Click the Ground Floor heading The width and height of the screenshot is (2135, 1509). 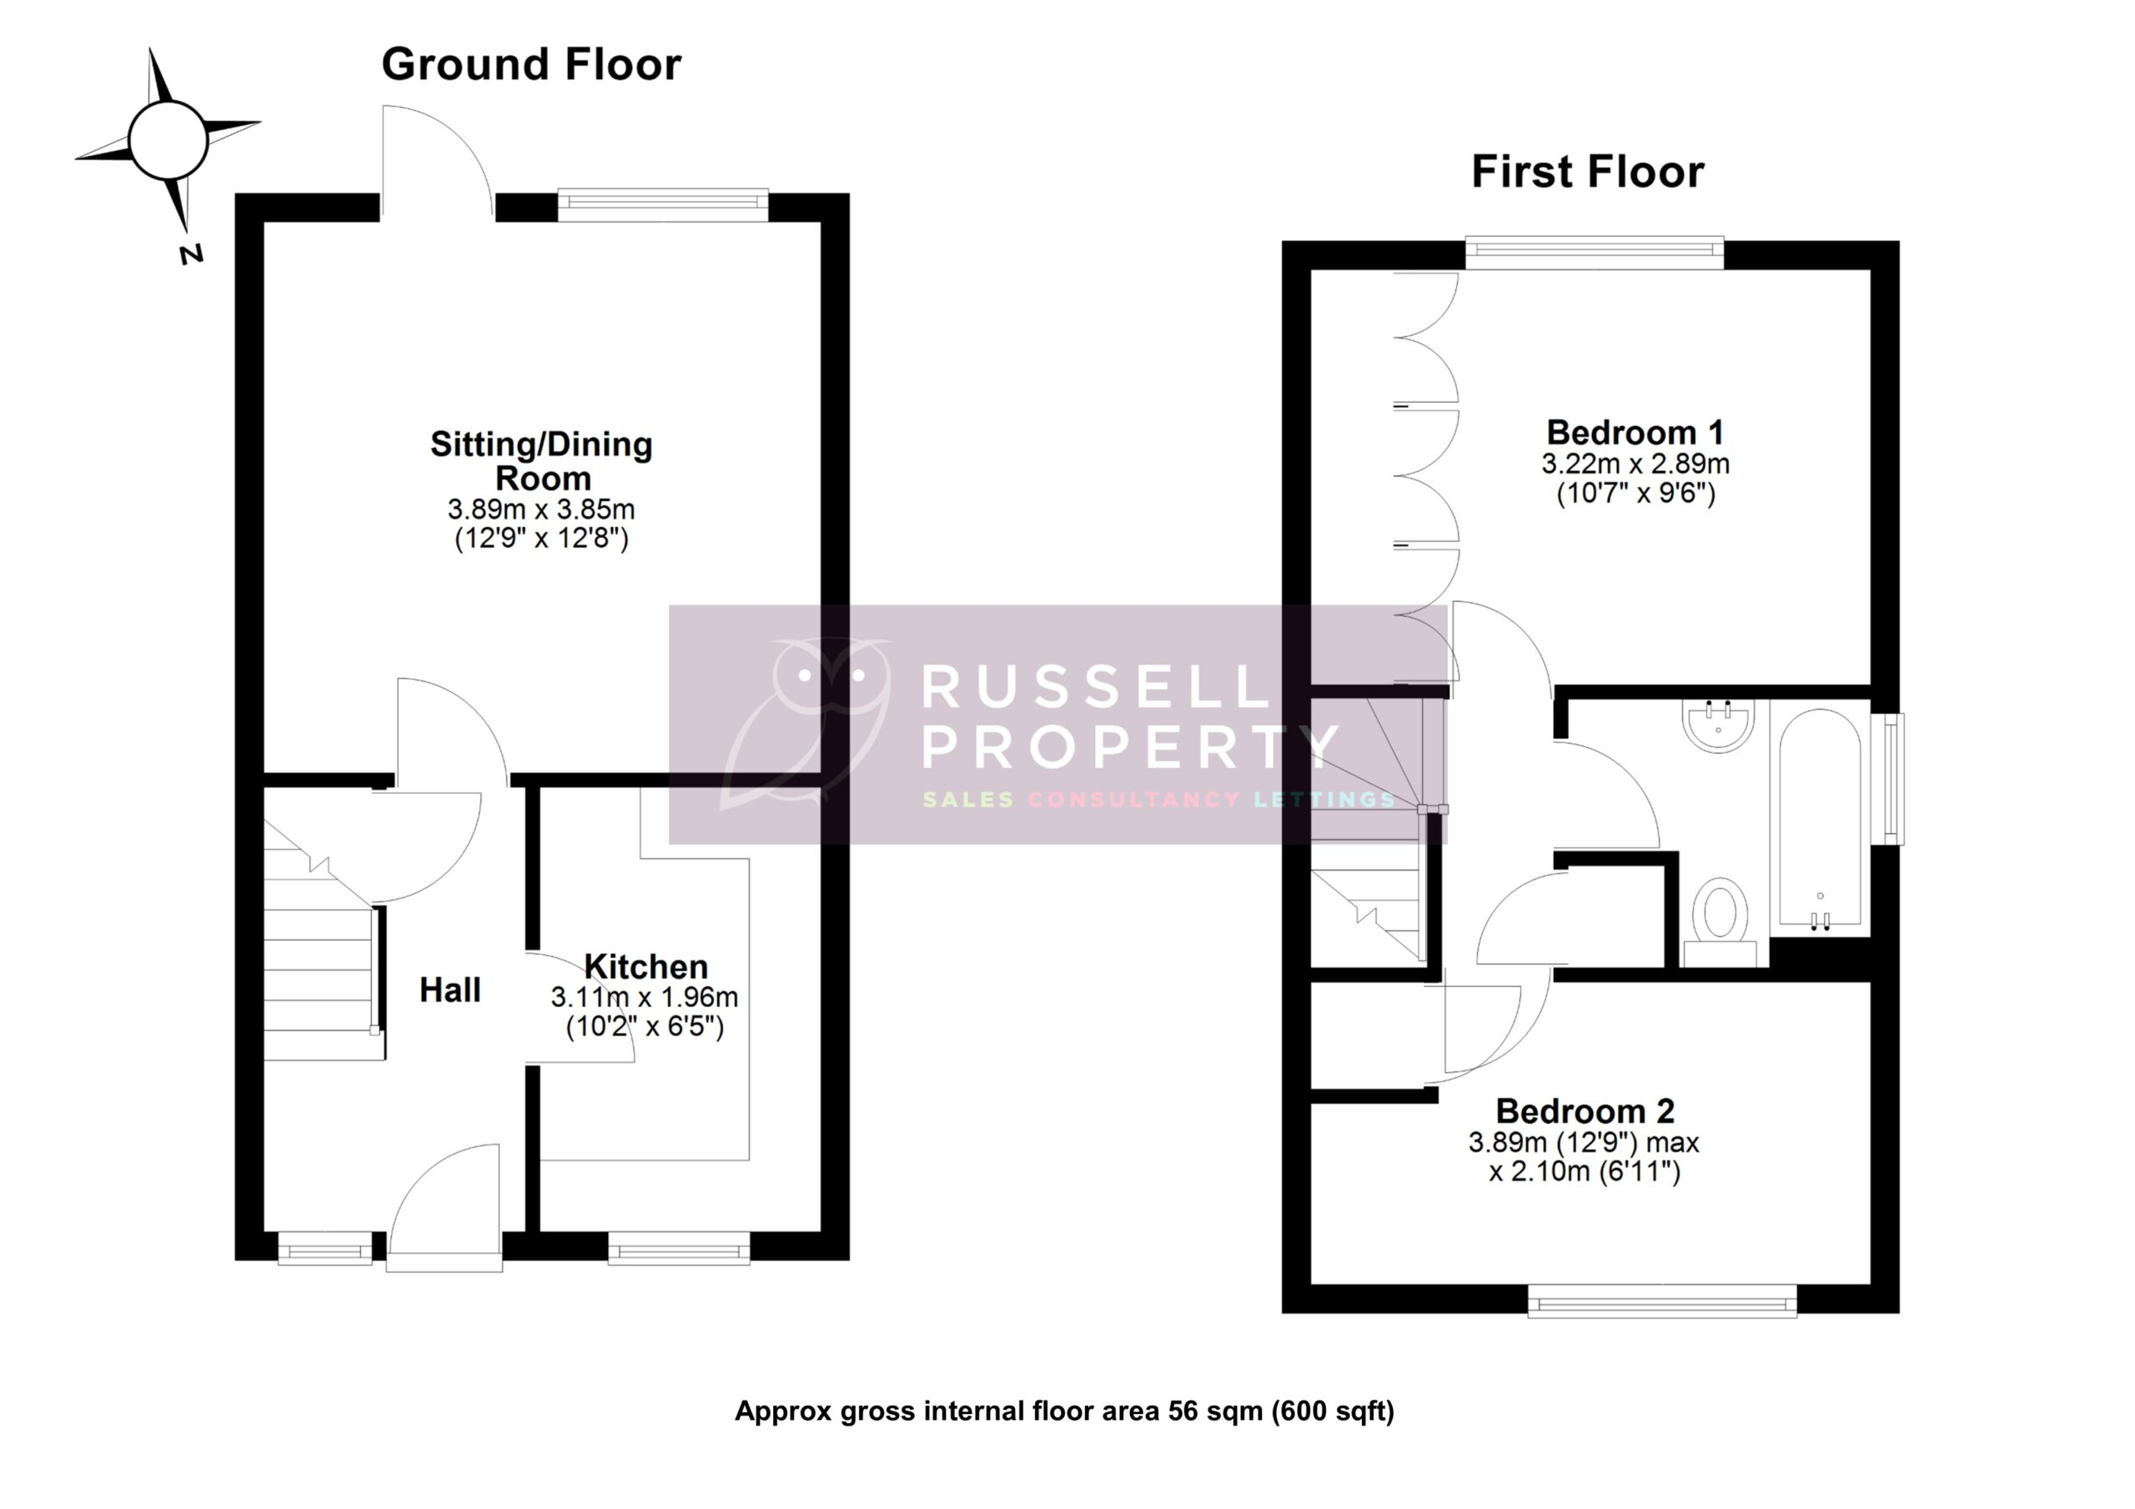tap(531, 65)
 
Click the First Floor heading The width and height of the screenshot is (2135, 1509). tap(1587, 173)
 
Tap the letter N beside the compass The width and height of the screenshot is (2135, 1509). tap(192, 253)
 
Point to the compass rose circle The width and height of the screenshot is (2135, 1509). tap(168, 140)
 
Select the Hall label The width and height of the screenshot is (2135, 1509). tap(450, 990)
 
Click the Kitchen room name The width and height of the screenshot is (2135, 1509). tap(646, 966)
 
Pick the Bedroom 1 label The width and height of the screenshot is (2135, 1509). tap(1635, 433)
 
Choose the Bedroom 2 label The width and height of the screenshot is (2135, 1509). tap(1585, 1111)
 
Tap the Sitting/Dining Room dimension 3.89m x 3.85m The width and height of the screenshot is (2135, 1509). tap(541, 509)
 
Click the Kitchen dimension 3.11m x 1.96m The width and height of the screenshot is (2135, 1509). tap(645, 998)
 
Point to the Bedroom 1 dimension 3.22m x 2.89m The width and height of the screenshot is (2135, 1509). tap(1635, 463)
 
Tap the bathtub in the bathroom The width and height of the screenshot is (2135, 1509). tap(1820, 818)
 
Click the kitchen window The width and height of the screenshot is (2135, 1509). tap(679, 1248)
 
